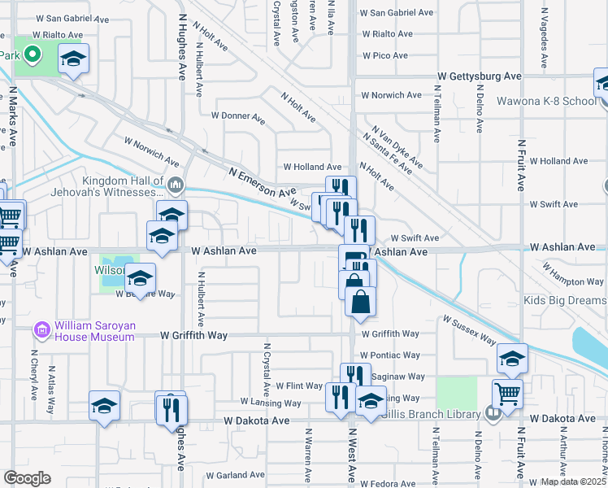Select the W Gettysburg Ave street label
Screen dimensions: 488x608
(x=479, y=76)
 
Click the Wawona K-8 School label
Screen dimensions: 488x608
(x=557, y=102)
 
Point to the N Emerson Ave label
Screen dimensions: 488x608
(x=262, y=182)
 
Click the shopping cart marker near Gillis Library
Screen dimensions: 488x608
(x=508, y=394)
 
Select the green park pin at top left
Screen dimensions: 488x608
(x=33, y=55)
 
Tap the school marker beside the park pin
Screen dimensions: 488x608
(x=74, y=59)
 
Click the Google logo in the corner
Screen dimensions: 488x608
(x=28, y=478)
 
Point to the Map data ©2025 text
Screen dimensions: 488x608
(x=573, y=481)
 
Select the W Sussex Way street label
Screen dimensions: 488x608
(x=469, y=329)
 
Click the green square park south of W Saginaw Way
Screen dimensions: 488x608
(x=456, y=393)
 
